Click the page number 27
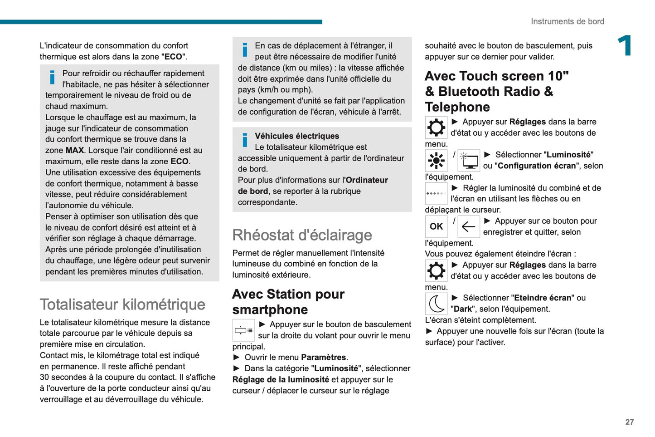[x=629, y=422]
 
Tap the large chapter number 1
[x=625, y=46]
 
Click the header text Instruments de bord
[x=567, y=21]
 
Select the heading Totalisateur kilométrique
[x=122, y=304]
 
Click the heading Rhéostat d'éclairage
[x=302, y=235]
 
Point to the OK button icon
[x=436, y=226]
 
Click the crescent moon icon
[x=436, y=304]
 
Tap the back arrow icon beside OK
[x=468, y=226]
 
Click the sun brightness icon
[x=436, y=160]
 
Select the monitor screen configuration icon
[x=469, y=161]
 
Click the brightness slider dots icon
[x=436, y=194]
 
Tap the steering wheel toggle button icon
[x=243, y=330]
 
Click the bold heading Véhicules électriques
[x=297, y=136]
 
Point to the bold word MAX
[x=75, y=150]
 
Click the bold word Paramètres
[x=324, y=358]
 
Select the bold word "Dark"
[x=462, y=309]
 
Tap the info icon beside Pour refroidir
[x=53, y=77]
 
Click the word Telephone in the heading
[x=457, y=107]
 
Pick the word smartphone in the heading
[x=270, y=310]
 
